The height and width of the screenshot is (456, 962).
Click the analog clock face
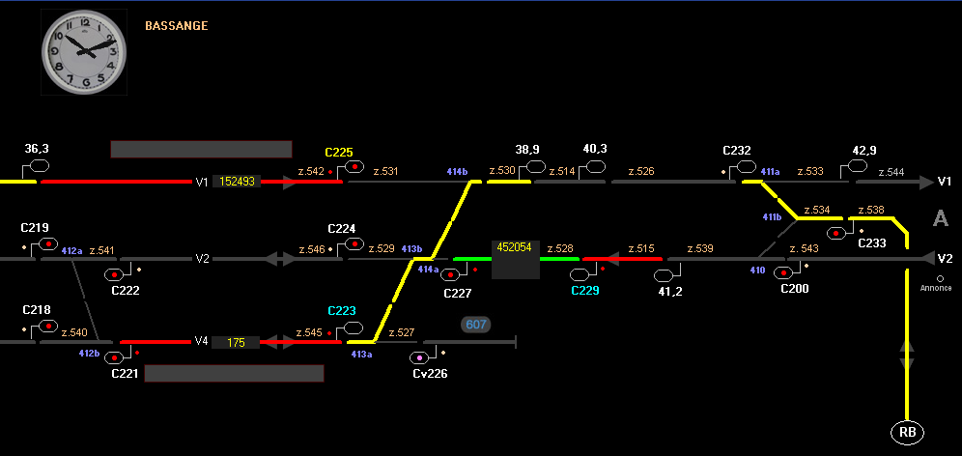(x=85, y=52)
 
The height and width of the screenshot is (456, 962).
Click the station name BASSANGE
(x=176, y=26)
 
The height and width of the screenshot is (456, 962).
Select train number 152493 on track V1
(x=237, y=182)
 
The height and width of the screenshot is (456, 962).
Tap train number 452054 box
(x=514, y=247)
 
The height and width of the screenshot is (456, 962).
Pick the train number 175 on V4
(x=236, y=342)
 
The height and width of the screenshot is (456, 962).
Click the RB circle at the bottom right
(x=907, y=432)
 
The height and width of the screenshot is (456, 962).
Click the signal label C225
(x=339, y=152)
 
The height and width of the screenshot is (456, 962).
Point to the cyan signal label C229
(x=585, y=291)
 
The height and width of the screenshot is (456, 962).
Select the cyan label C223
(x=341, y=310)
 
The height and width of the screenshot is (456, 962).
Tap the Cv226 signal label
(x=430, y=373)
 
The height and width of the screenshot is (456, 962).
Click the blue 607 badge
(x=476, y=325)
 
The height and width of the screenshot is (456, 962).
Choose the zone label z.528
(x=560, y=248)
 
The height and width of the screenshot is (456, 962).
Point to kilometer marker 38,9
(x=527, y=150)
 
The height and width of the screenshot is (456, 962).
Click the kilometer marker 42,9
(x=864, y=150)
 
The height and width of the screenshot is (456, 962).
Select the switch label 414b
(x=457, y=171)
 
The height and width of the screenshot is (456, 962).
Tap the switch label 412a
(x=71, y=250)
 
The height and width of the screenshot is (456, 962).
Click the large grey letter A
(x=940, y=219)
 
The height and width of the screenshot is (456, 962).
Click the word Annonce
(x=936, y=288)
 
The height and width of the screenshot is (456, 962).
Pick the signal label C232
(x=737, y=151)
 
